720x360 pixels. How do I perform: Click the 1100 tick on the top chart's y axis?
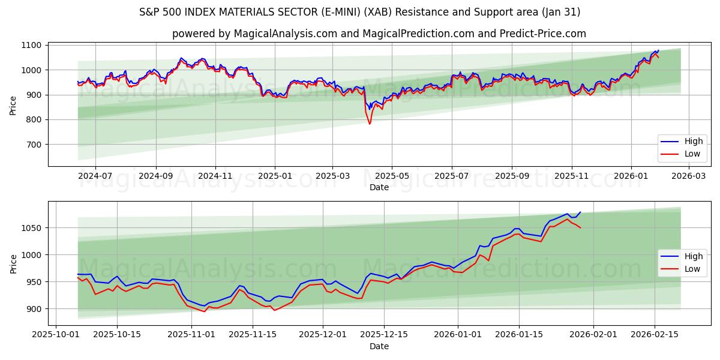coord(32,45)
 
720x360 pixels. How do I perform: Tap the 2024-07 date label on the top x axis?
coord(95,176)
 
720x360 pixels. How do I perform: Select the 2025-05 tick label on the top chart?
coord(392,176)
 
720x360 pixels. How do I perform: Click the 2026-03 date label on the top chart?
coord(688,176)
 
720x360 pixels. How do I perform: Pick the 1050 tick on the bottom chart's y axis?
coord(32,228)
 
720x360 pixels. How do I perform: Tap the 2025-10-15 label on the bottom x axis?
coord(117,334)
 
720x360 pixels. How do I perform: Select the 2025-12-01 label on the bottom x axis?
coord(323,334)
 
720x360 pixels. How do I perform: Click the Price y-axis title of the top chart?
coord(13,105)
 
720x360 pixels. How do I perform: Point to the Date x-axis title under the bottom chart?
coord(379,346)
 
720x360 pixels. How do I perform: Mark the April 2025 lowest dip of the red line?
coord(370,124)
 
